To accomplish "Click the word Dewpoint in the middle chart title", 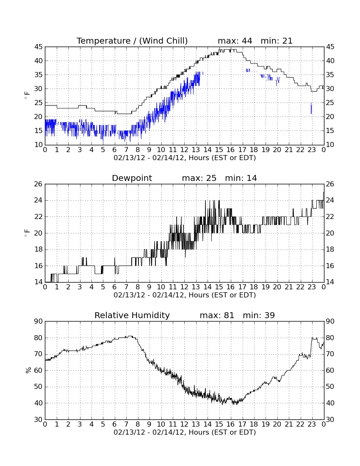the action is (132, 178).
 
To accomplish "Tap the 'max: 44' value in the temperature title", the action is (235, 41).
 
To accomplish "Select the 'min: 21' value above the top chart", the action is (277, 41).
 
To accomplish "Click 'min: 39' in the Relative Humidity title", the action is (259, 315).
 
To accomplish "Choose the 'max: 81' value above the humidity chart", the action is (217, 315).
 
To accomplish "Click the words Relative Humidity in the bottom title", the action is (132, 315).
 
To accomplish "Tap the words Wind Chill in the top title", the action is (163, 41).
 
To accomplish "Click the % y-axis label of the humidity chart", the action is (28, 370).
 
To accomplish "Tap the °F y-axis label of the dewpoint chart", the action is (27, 233).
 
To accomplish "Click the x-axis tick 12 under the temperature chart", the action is (184, 150).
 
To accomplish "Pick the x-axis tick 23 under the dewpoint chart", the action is (312, 287).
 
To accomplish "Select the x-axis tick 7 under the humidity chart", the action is (126, 424).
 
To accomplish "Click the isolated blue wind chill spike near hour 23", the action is (311, 108).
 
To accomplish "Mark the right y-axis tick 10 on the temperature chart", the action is (330, 145).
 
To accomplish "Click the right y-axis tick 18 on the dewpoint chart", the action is (330, 250).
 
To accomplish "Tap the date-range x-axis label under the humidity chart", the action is (185, 432).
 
